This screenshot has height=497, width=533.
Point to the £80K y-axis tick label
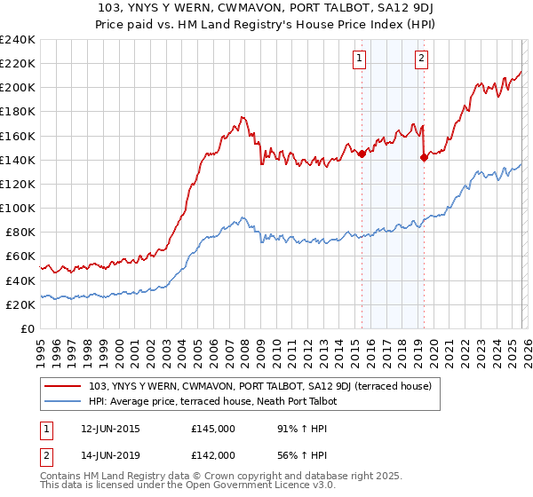(20, 233)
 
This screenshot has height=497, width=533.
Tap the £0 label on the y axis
(28, 328)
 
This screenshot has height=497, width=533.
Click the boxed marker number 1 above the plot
(360, 59)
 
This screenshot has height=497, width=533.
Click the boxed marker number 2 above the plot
(421, 59)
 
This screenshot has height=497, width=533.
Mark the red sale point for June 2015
(362, 154)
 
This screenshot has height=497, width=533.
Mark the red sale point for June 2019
(423, 157)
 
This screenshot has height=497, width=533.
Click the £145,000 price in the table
(213, 429)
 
